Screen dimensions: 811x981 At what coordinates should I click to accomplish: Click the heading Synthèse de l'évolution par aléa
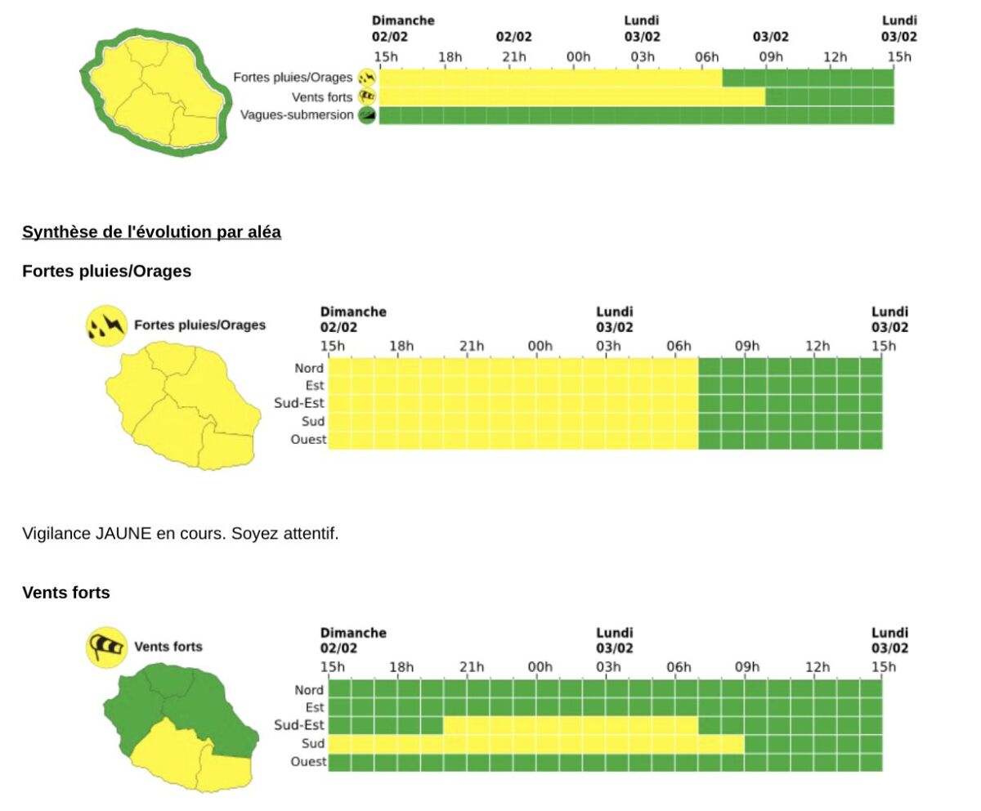coord(151,232)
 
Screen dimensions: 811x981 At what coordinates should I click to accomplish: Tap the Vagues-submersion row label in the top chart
coord(297,115)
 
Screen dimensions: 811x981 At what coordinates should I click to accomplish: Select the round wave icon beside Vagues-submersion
coord(367,115)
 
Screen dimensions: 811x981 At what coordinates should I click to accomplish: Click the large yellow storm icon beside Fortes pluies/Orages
coord(106,325)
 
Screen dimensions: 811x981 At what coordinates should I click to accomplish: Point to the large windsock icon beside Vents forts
coord(107,647)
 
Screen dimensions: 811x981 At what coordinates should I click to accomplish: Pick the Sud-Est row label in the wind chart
coord(299,725)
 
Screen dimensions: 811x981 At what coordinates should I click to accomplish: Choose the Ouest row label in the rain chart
coord(308,440)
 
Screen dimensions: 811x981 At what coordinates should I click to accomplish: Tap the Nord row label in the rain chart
coord(309,369)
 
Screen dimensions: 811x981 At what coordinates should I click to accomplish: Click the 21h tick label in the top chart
coord(513,56)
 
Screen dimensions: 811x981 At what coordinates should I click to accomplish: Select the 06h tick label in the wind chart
coord(679,667)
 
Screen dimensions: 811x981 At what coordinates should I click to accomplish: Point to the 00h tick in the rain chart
coord(540,346)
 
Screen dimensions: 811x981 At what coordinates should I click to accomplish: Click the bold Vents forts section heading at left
coord(66,593)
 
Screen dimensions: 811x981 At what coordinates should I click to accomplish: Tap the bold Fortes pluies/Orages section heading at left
coord(106,271)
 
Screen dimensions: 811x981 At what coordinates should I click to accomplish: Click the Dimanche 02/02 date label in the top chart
coord(402,28)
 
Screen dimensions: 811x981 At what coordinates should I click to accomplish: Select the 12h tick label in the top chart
coord(835,56)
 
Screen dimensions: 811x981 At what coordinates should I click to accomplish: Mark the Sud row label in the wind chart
coord(313,743)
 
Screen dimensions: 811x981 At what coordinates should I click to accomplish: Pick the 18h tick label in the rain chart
coord(401,346)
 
